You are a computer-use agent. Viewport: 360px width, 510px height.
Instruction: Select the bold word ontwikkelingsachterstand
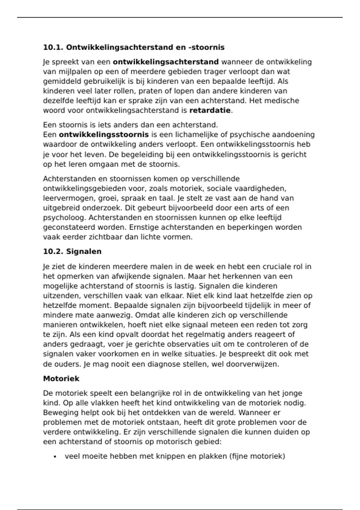pos(166,62)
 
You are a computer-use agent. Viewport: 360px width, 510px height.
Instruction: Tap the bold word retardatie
pos(210,110)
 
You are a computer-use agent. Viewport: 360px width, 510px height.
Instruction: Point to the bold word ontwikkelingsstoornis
pos(104,135)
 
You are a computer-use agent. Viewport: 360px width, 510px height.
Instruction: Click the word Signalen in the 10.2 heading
pos(84,251)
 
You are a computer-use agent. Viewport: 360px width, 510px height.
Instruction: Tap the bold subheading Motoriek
pos(61,379)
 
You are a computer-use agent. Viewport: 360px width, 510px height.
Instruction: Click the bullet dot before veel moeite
pos(55,457)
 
